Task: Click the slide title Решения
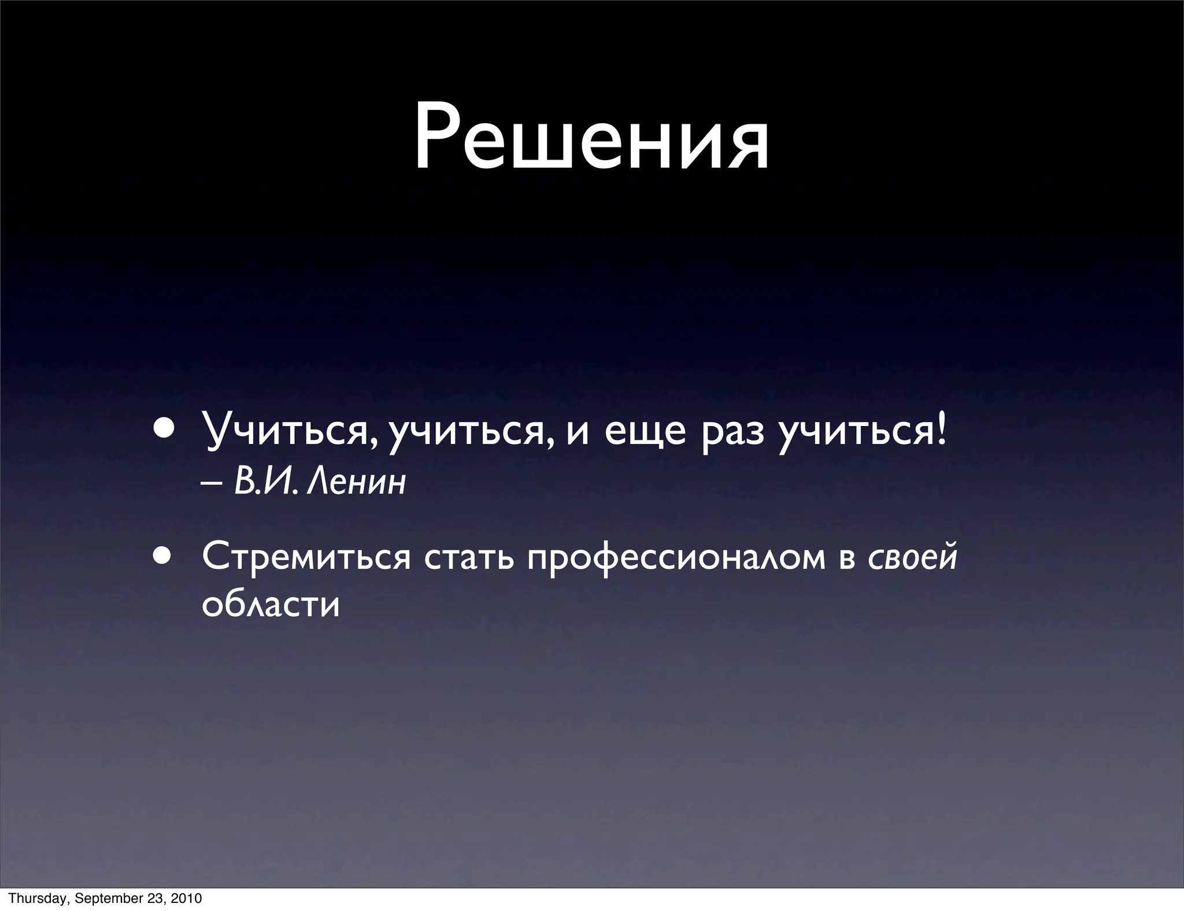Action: coord(591,138)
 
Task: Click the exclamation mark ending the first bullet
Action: coord(942,431)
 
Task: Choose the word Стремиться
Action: coord(306,557)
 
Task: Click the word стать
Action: coord(468,557)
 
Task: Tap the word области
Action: coord(271,605)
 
